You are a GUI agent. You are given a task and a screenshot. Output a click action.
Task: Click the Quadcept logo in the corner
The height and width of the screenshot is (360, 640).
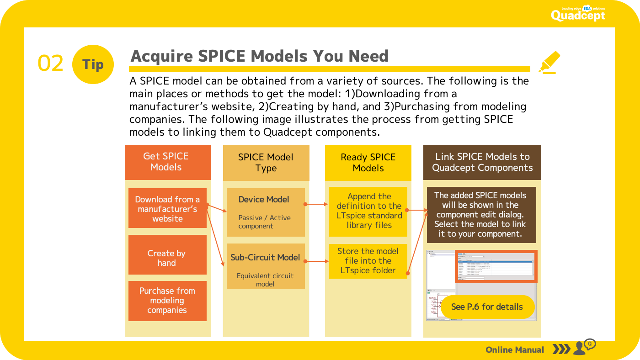pos(578,14)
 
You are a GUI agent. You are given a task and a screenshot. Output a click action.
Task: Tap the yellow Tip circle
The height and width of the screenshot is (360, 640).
pos(93,64)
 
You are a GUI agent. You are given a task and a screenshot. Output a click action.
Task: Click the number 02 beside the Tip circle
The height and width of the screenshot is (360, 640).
pos(50,64)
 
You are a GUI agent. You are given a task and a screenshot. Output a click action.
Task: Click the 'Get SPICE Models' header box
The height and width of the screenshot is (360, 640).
pos(167,162)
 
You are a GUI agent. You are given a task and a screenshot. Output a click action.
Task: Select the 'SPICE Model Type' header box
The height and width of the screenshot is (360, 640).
pos(266,163)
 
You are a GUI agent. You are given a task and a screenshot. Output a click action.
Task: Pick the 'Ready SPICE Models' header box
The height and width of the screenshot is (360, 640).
pos(368,163)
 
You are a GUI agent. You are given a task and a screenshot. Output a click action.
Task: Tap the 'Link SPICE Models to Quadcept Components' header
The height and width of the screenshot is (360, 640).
pos(482,162)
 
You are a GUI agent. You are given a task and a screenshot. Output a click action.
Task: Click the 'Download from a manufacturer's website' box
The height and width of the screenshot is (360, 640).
pos(167,208)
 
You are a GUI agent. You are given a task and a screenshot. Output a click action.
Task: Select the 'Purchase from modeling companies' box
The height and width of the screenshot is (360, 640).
pos(167,301)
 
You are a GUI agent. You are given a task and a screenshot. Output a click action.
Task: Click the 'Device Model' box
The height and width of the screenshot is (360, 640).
pos(265,212)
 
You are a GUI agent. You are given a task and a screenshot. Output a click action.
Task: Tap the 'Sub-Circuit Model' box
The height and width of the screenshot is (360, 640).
pos(265,266)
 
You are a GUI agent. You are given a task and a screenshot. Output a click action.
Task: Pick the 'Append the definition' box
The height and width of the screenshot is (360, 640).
pos(368,211)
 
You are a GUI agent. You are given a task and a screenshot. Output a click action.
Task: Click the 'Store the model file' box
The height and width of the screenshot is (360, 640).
pos(368,261)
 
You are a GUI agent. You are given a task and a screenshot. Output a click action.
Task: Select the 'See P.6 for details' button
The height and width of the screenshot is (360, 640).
pos(487,307)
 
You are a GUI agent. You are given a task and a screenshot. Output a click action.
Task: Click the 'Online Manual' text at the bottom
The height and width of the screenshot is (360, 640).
pos(515,350)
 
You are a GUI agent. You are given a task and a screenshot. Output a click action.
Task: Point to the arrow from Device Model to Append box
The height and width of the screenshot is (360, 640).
pos(316,204)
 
